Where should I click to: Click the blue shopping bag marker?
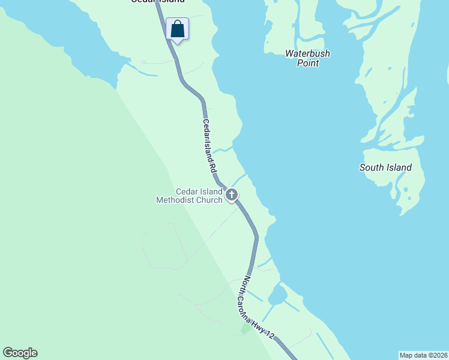[x=177, y=29]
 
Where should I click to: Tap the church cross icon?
[x=232, y=194]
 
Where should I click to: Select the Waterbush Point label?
[x=307, y=58]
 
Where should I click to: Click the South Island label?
[x=385, y=167]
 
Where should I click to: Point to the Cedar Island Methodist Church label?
[x=190, y=196]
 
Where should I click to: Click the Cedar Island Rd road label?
[x=209, y=147]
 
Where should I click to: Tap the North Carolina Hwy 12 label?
[x=258, y=310]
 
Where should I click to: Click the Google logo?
[x=20, y=353]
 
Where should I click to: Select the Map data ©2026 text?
[x=424, y=355]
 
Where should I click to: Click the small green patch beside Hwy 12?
[x=246, y=328]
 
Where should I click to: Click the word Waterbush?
[x=307, y=53]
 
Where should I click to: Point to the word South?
[x=371, y=167]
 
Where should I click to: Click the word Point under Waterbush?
[x=308, y=63]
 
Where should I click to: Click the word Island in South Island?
[x=399, y=167]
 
